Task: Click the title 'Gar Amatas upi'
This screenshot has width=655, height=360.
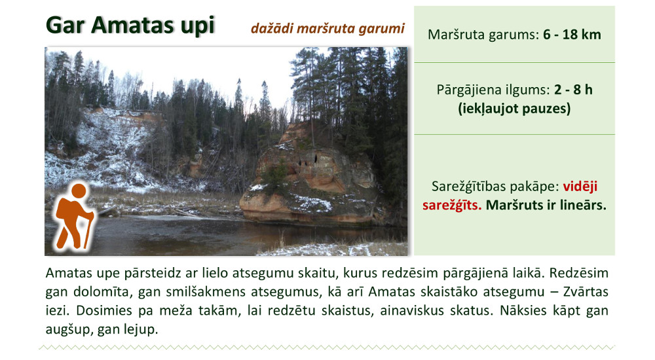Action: tap(130, 25)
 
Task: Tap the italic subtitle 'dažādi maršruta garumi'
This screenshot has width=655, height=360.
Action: tap(327, 28)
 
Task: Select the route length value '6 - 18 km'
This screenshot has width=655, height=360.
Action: tap(572, 34)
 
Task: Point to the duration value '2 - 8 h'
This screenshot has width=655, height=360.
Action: tap(573, 90)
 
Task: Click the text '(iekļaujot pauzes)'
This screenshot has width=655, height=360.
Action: tap(514, 109)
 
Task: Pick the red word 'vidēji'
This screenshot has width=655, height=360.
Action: tap(580, 187)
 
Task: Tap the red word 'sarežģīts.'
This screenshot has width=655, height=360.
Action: tap(451, 205)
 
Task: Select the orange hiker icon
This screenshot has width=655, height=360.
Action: tap(74, 216)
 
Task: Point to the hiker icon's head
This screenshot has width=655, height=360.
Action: tap(79, 190)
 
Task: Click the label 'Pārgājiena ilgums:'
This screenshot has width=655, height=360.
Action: tap(493, 90)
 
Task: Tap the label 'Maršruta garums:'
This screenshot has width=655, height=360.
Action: tap(483, 34)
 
